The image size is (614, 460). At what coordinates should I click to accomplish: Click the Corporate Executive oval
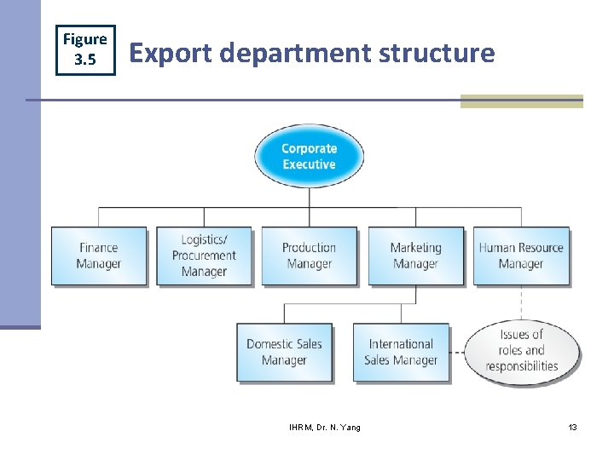(x=309, y=156)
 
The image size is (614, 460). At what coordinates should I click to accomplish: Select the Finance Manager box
(x=99, y=256)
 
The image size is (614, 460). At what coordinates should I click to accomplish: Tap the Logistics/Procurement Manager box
(x=204, y=256)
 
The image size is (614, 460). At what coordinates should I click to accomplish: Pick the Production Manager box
(x=309, y=256)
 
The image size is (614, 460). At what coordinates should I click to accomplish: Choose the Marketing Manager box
(x=415, y=256)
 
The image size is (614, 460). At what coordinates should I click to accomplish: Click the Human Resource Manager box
(x=521, y=256)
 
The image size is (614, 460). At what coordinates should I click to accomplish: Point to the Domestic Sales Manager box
(x=284, y=352)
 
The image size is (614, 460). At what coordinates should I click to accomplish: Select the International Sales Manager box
(x=401, y=352)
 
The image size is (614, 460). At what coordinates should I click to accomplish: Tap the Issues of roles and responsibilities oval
(x=522, y=350)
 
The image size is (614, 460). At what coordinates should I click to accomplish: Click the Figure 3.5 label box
(x=85, y=49)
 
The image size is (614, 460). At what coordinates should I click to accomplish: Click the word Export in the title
(x=170, y=53)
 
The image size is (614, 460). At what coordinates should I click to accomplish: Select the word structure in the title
(x=437, y=53)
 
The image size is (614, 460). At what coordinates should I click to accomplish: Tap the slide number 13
(x=572, y=427)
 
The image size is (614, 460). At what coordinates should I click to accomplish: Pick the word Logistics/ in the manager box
(x=204, y=240)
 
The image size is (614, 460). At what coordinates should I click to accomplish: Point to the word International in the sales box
(x=401, y=344)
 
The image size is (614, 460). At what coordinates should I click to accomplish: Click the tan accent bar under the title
(x=521, y=101)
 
